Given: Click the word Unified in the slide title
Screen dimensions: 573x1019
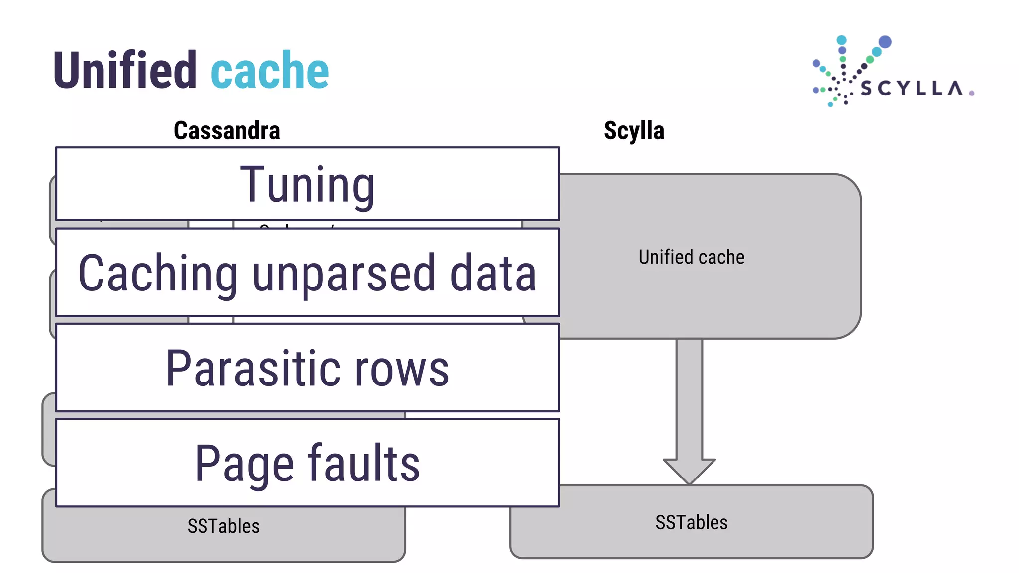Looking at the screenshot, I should pyautogui.click(x=125, y=70).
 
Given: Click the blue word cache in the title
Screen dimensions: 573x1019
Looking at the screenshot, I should pyautogui.click(x=270, y=71).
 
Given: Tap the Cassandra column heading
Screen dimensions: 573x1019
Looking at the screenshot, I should pyautogui.click(x=227, y=131).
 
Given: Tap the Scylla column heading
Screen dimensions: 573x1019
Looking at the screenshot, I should pyautogui.click(x=634, y=131).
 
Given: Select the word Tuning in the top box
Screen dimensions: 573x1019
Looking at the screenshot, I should pyautogui.click(x=307, y=185).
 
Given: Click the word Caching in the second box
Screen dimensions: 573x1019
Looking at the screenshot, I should pyautogui.click(x=158, y=273).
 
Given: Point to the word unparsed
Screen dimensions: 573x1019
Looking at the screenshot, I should pyautogui.click(x=344, y=274).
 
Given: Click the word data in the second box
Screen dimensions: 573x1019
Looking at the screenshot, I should pyautogui.click(x=493, y=273).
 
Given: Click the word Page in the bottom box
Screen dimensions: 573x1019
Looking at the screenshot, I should pyautogui.click(x=244, y=464).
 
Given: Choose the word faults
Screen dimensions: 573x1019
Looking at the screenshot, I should pyautogui.click(x=364, y=463).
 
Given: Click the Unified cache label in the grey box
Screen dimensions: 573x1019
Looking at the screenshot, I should pyautogui.click(x=692, y=257).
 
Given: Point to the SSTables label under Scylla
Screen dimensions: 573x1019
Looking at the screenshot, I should pyautogui.click(x=692, y=523).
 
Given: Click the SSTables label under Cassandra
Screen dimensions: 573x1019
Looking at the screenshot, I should pyautogui.click(x=223, y=526).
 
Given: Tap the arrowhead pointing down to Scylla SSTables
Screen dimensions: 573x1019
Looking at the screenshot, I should pyautogui.click(x=689, y=470).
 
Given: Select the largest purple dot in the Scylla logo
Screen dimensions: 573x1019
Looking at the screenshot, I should pyautogui.click(x=885, y=41).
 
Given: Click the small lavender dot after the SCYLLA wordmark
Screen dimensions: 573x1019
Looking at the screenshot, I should pyautogui.click(x=971, y=93).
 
